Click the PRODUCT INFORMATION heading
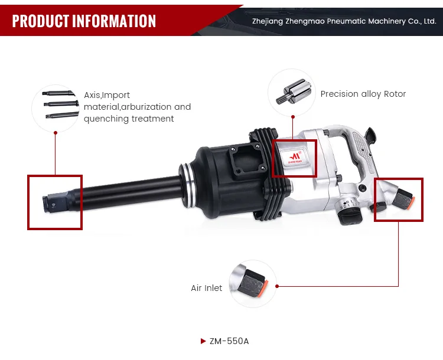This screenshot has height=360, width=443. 84,21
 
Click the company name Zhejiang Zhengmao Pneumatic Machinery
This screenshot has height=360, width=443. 344,21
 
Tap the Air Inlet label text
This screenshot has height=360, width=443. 207,288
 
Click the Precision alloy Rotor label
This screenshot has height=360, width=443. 363,94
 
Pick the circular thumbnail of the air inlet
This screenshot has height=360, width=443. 253,283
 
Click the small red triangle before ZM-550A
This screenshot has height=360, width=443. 204,341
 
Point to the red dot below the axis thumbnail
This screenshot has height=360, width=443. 55,133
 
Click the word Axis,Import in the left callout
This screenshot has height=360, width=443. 107,95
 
